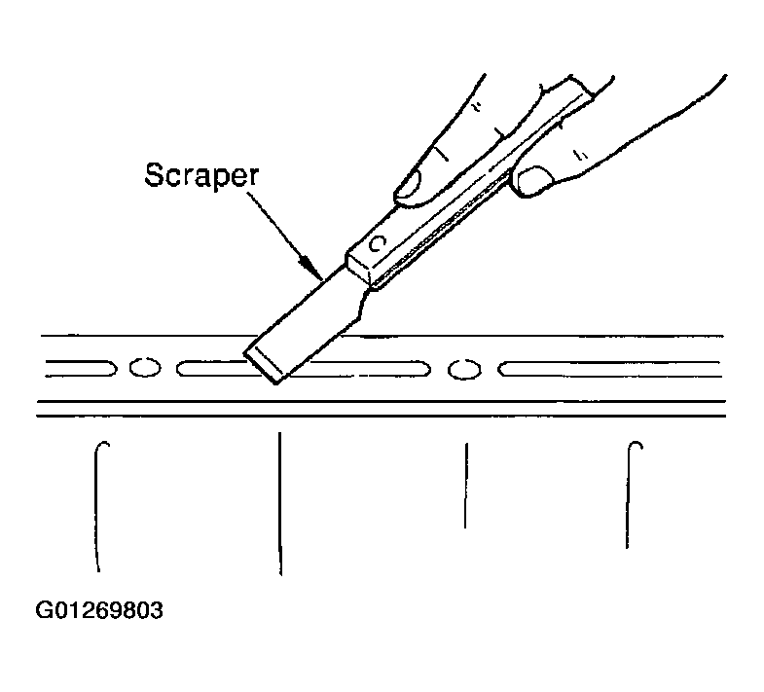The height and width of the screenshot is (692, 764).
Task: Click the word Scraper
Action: click(201, 175)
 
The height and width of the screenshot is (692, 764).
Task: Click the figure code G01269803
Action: click(99, 610)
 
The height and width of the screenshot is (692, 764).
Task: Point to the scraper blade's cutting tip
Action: click(262, 367)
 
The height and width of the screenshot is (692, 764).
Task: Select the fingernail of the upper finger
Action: click(409, 186)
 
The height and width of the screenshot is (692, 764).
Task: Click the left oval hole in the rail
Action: click(145, 367)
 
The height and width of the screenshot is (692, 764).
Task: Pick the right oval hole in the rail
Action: click(465, 369)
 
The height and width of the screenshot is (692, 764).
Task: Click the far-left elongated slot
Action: click(81, 368)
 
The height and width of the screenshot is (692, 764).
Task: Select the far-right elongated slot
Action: click(609, 369)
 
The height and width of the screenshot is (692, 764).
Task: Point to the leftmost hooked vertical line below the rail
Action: click(96, 507)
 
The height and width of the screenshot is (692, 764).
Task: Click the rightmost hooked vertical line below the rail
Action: click(628, 494)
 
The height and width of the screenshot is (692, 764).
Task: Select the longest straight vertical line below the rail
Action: click(279, 503)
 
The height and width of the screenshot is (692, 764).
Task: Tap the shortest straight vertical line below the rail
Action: click(466, 486)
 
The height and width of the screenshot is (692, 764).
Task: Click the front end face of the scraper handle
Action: click(358, 269)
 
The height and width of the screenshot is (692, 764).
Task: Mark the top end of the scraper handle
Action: click(581, 87)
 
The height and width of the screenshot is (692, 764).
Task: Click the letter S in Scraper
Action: click(155, 174)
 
